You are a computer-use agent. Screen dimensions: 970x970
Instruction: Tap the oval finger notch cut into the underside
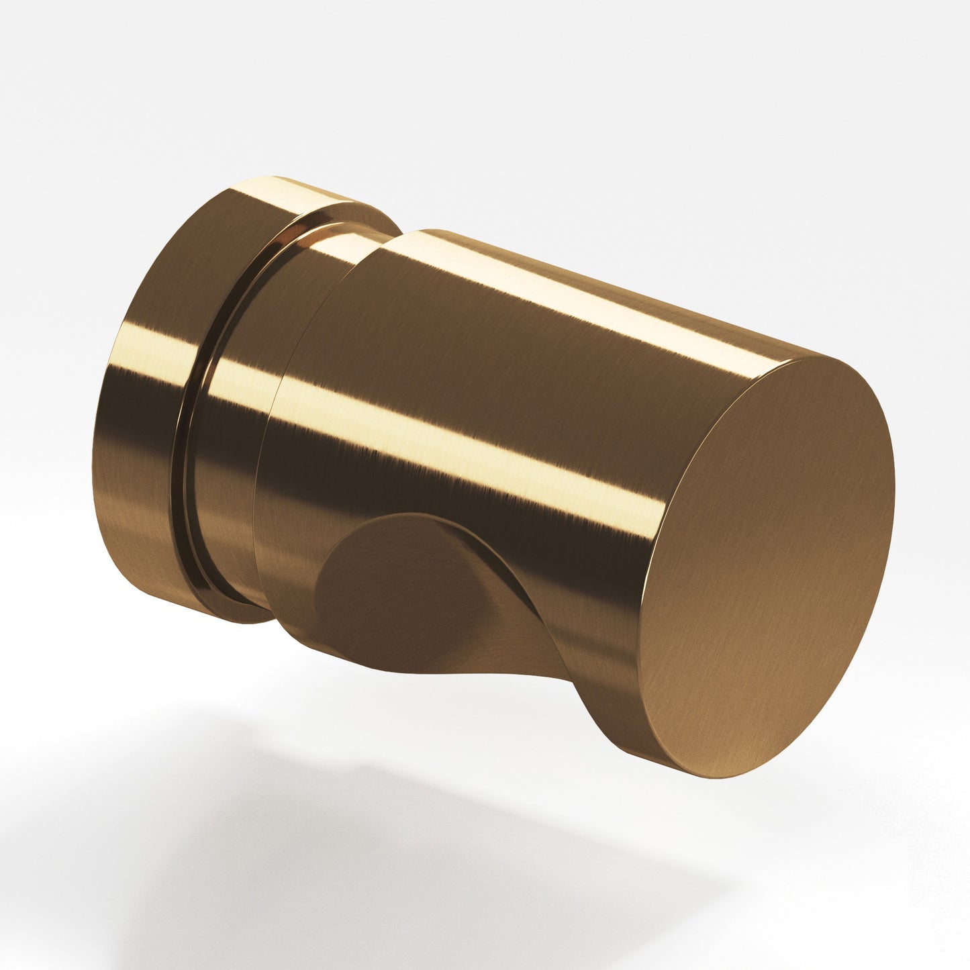(403, 591)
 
